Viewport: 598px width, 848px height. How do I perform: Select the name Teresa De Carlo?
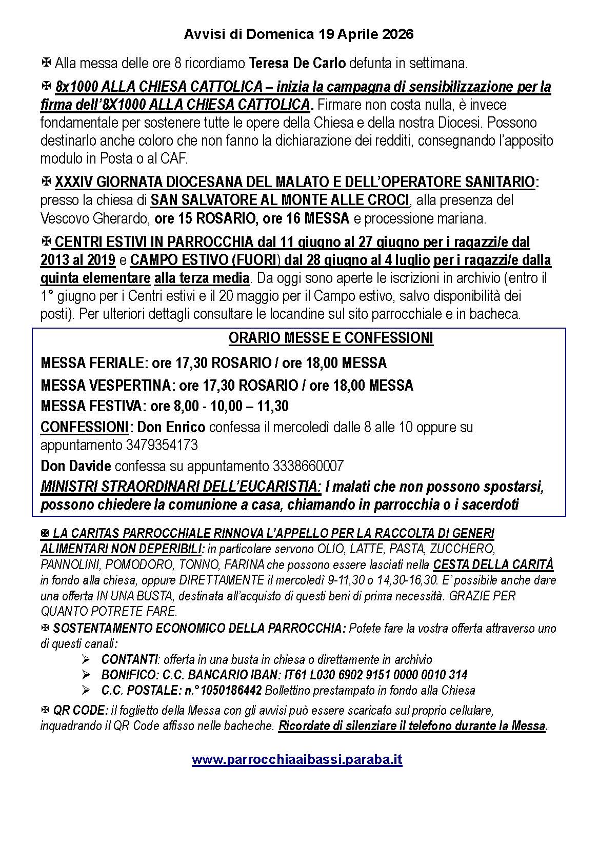pos(297,64)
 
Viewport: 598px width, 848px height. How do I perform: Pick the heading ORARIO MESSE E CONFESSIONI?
pos(331,338)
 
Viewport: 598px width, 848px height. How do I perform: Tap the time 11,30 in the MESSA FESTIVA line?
pos(272,406)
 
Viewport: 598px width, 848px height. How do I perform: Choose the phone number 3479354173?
pos(162,445)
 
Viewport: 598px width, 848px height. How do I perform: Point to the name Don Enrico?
pos(172,427)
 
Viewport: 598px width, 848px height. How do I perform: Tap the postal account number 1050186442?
pos(233,690)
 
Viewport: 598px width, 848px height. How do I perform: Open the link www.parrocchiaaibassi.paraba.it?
pos(297,759)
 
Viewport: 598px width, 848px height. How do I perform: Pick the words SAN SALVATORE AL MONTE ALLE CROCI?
pos(280,200)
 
